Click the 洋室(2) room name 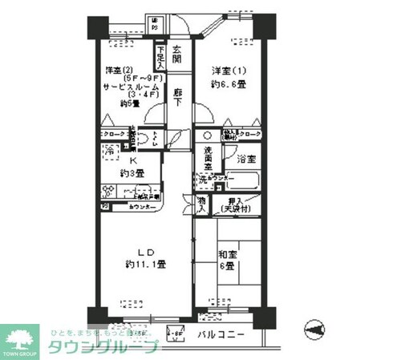coord(117,71)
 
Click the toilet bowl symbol coord(145,137)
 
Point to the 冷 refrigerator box coord(108,152)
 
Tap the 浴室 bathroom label coord(245,159)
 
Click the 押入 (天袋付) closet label coord(237,205)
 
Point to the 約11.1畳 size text coord(145,264)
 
